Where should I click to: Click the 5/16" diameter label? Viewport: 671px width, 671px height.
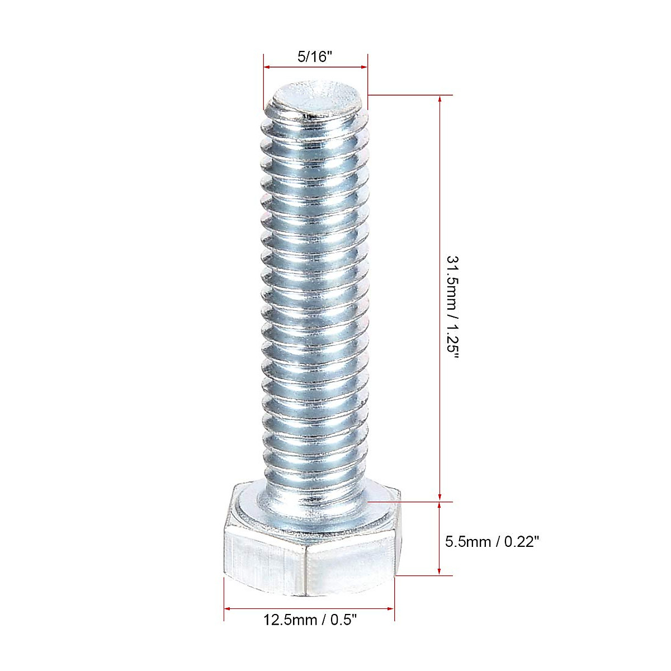click(315, 56)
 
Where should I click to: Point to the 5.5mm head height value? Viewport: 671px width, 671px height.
click(465, 541)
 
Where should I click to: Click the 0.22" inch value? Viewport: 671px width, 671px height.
click(519, 541)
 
